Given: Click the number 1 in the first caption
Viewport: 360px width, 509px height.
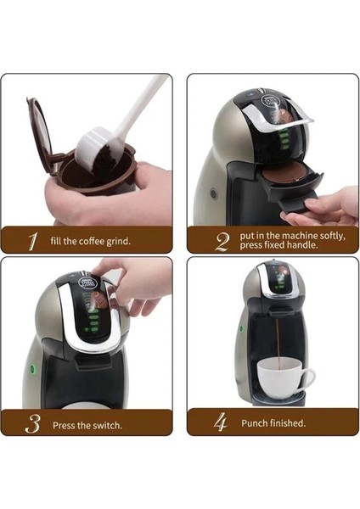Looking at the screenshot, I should (x=31, y=241).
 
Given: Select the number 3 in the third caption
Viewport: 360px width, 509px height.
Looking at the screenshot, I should (x=31, y=422).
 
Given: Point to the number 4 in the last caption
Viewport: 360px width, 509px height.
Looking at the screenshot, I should (x=222, y=422).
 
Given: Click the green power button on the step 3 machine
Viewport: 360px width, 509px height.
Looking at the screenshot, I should (x=31, y=370).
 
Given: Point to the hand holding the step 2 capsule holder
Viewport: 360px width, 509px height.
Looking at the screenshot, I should (x=327, y=206).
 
